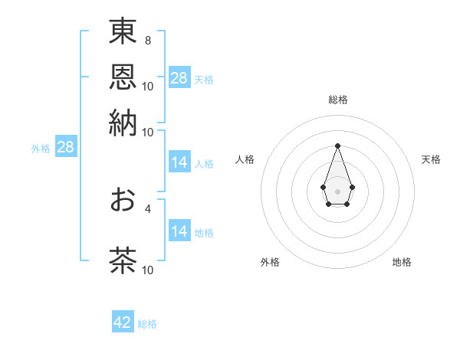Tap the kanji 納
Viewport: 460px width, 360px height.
(x=123, y=123)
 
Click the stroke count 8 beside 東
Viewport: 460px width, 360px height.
(x=147, y=40)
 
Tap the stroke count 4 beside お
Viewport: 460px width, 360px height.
(x=148, y=208)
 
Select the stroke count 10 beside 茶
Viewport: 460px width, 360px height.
(x=148, y=270)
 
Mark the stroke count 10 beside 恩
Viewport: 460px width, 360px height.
(x=148, y=86)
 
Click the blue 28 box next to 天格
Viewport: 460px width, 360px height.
(x=179, y=77)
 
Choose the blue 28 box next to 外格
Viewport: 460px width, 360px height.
(x=65, y=148)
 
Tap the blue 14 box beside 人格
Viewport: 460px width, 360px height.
(x=179, y=162)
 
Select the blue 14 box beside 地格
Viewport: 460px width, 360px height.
(x=179, y=231)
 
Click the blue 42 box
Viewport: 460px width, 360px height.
(x=123, y=322)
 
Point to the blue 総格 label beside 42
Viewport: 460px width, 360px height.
(x=148, y=324)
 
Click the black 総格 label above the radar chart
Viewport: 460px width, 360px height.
(x=337, y=100)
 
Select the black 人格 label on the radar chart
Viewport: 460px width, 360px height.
(x=245, y=159)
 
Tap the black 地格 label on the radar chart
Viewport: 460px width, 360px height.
(x=402, y=263)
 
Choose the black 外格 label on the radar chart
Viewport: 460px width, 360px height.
(x=270, y=263)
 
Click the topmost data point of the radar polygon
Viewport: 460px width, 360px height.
(x=337, y=146)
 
